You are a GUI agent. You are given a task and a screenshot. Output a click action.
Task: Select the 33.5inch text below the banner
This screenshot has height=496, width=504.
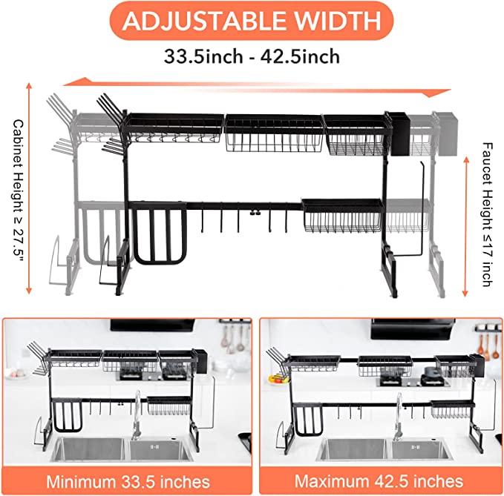click(x=203, y=56)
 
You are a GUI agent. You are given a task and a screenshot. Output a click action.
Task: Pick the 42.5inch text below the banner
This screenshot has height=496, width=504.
click(x=300, y=56)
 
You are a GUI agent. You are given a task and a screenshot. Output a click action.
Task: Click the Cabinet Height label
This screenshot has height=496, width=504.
click(x=18, y=188)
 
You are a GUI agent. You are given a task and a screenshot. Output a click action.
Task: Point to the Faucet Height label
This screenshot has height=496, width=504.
click(x=487, y=214)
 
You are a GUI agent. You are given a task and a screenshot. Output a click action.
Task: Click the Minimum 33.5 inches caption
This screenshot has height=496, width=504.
click(x=128, y=482)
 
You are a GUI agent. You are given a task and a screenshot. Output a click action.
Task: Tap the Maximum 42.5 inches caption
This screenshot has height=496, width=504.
click(x=379, y=481)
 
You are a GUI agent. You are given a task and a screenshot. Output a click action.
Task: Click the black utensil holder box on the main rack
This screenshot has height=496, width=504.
click(x=399, y=133)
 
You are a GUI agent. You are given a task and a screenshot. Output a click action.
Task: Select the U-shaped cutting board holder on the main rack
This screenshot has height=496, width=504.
click(x=158, y=234)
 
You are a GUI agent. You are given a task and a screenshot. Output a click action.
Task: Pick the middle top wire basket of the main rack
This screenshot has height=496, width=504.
click(x=274, y=133)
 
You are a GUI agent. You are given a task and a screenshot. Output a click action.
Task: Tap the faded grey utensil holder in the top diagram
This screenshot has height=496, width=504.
click(x=446, y=134)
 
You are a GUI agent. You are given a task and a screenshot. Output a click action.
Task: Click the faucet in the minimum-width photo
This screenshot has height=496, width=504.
click(x=137, y=414)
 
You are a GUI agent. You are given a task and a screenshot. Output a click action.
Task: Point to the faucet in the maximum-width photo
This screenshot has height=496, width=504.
click(x=399, y=415)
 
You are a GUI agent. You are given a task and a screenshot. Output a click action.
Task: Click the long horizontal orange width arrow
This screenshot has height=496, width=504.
click(x=257, y=87)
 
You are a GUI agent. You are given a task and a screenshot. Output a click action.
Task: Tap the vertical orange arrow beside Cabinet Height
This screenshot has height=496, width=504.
click(x=29, y=188)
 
